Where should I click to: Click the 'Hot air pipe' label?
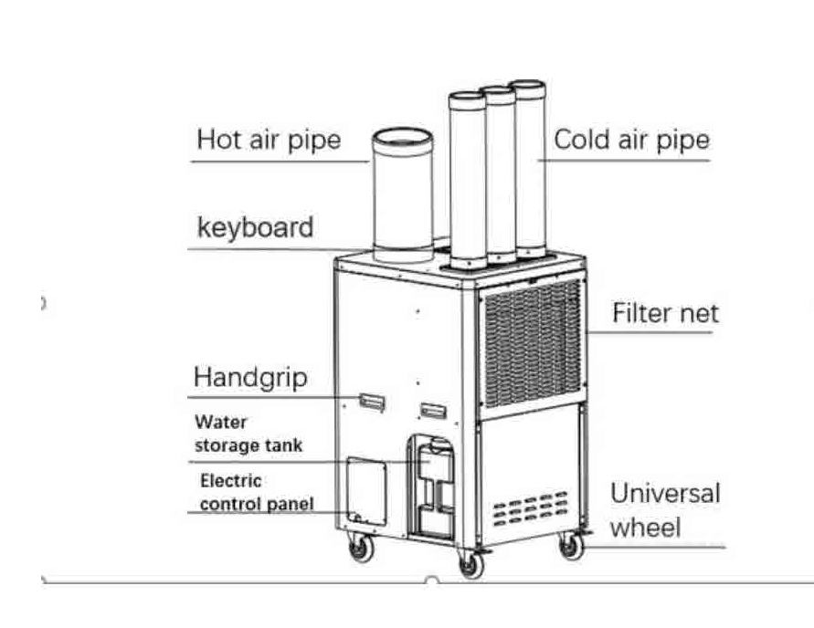(x=269, y=140)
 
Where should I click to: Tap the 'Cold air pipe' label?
(x=632, y=140)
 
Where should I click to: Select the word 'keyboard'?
(x=255, y=227)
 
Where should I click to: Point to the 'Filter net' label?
(x=665, y=313)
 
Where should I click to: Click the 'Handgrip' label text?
(x=250, y=378)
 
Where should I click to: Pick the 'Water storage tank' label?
(x=248, y=434)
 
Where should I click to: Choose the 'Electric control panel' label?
(x=257, y=492)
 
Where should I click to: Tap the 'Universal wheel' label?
(x=665, y=510)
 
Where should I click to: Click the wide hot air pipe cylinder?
(x=403, y=194)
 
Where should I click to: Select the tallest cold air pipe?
(x=528, y=169)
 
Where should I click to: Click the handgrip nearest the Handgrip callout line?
(x=372, y=402)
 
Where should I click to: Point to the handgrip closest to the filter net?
(x=433, y=410)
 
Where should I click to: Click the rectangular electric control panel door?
(x=366, y=490)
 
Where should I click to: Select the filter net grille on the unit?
(x=533, y=343)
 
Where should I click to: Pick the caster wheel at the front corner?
(x=471, y=564)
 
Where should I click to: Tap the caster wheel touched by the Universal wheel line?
(x=572, y=545)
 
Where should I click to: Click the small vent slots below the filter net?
(x=530, y=508)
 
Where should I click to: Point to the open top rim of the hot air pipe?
(x=403, y=141)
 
